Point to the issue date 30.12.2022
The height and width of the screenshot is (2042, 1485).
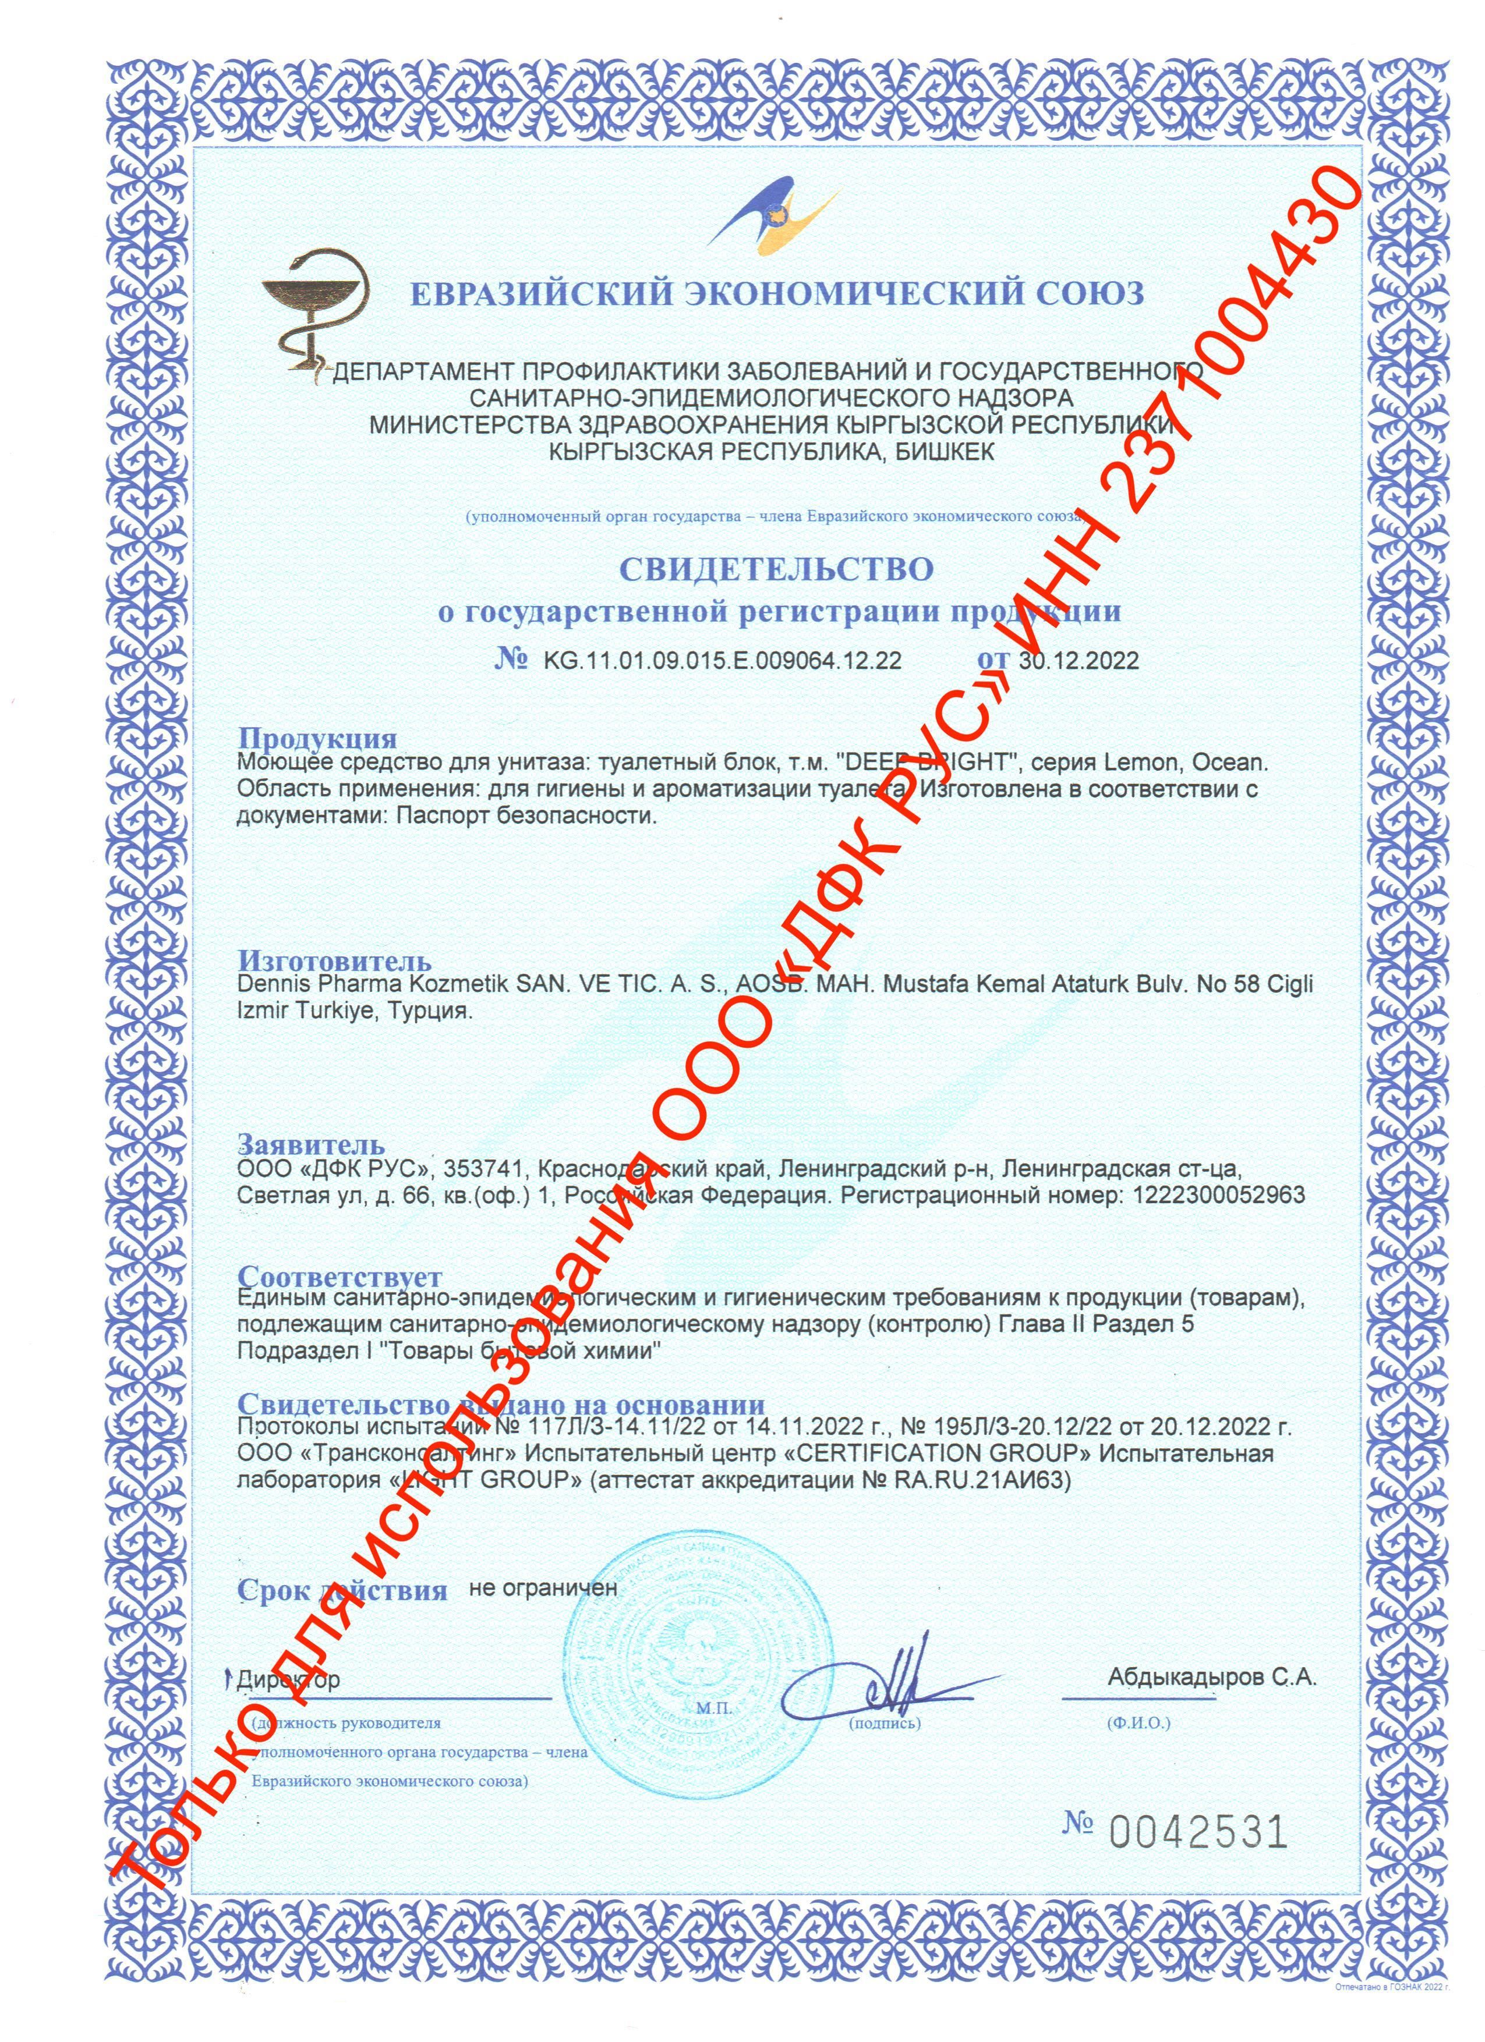pos(1080,660)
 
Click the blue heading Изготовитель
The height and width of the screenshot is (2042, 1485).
pos(334,962)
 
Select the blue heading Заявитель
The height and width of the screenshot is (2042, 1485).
pos(311,1145)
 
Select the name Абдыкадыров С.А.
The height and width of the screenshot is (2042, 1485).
pos(1212,1678)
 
